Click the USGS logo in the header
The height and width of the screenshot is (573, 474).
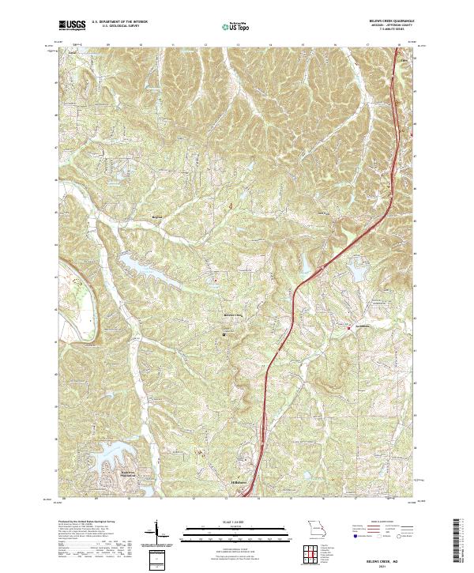72,26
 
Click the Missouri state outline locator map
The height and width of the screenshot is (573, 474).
317,529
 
